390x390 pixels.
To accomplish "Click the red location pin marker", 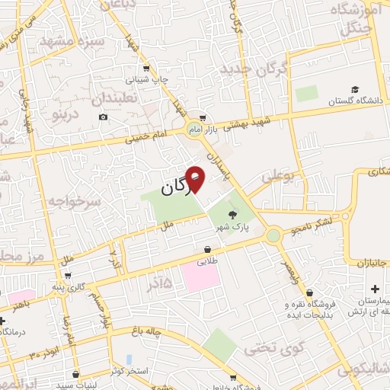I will [194, 180].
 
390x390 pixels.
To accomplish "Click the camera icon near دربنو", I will [103, 117].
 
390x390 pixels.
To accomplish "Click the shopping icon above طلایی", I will [207, 249].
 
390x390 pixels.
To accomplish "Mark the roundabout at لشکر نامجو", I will [273, 235].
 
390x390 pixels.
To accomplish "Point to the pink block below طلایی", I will [201, 278].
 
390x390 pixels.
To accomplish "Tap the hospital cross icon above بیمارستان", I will [374, 289].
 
